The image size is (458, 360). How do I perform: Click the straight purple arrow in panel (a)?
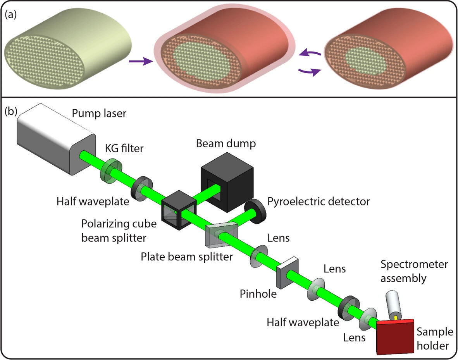click(x=138, y=62)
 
